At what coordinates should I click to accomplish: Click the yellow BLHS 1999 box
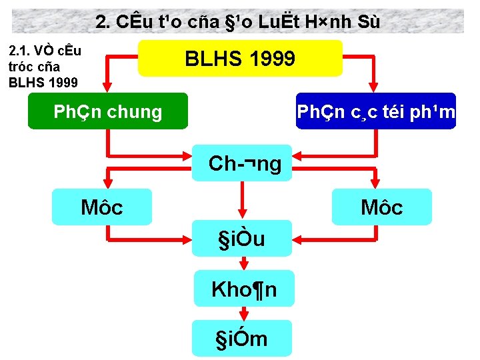(240, 59)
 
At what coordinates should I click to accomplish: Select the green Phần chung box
(107, 111)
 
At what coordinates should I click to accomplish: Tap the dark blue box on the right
(376, 111)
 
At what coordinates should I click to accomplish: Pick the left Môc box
(102, 207)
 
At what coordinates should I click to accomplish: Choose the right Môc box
(382, 207)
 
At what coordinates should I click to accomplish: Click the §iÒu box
(241, 238)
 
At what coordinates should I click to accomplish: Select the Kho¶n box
(243, 289)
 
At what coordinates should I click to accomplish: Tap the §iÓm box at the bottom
(241, 338)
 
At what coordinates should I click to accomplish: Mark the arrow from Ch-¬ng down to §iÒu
(242, 200)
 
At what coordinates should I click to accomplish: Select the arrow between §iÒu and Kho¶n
(242, 263)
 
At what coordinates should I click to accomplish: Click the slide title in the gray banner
(238, 21)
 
